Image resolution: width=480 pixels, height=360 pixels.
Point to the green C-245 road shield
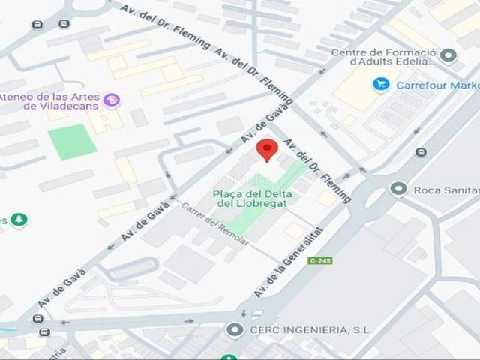[x=319, y=260]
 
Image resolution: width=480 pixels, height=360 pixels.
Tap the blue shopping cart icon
[x=381, y=84]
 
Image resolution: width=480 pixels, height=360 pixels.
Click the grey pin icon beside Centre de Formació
[x=448, y=55]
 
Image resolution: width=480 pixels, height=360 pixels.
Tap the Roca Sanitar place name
[x=445, y=190]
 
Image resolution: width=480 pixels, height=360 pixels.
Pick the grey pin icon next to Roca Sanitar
[x=399, y=189]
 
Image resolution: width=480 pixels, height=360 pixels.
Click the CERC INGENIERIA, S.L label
[x=300, y=329]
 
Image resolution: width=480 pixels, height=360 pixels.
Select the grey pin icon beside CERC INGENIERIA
[x=235, y=329]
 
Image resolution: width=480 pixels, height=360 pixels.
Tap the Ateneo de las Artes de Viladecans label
[x=49, y=101]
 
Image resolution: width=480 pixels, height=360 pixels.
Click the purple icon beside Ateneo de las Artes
[x=112, y=98]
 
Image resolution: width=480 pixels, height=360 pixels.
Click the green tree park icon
[x=19, y=220]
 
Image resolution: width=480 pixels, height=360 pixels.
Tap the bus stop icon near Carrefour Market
[x=421, y=152]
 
